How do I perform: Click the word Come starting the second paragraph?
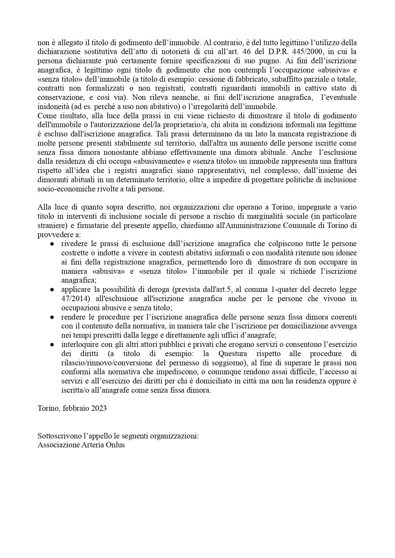(x=45, y=115)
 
